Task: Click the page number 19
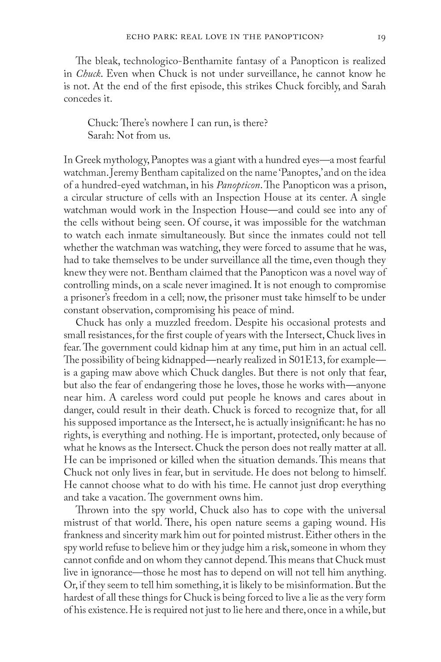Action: pyautogui.click(x=381, y=37)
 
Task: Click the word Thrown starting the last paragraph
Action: pyautogui.click(x=90, y=510)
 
